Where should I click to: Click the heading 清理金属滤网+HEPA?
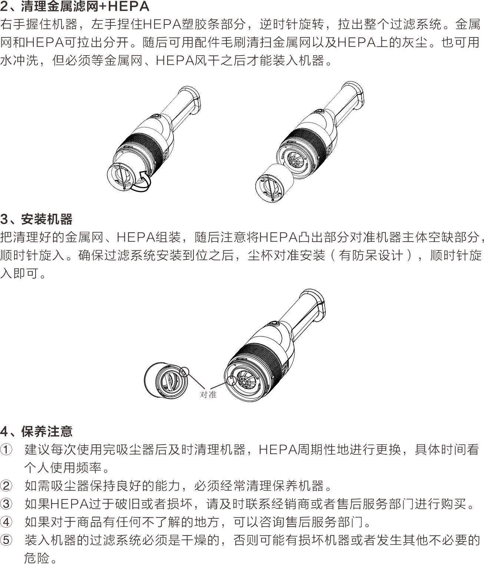85,7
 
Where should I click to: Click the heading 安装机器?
47,219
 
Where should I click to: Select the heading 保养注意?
47,431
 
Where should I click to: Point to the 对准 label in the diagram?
208,395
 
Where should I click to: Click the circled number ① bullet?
6,449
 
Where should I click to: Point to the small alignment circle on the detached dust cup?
184,372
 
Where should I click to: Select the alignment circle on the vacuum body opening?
231,380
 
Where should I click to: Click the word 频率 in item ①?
89,468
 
